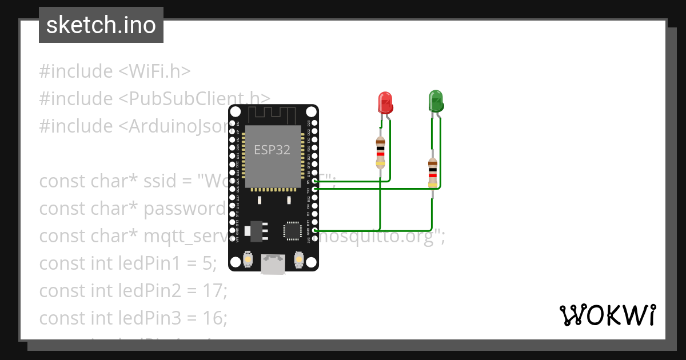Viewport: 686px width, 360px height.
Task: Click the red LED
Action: pos(385,103)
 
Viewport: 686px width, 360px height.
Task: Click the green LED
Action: pos(436,101)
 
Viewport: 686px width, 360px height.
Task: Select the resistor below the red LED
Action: pos(380,152)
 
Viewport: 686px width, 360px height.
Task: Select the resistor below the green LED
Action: pos(433,173)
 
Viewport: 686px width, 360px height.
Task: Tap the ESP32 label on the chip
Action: pos(272,150)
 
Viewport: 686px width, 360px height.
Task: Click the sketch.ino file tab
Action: pos(101,26)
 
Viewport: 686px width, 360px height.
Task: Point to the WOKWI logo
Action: pos(607,315)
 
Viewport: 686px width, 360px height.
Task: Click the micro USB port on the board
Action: pos(273,263)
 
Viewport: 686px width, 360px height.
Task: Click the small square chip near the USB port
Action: pos(292,230)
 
